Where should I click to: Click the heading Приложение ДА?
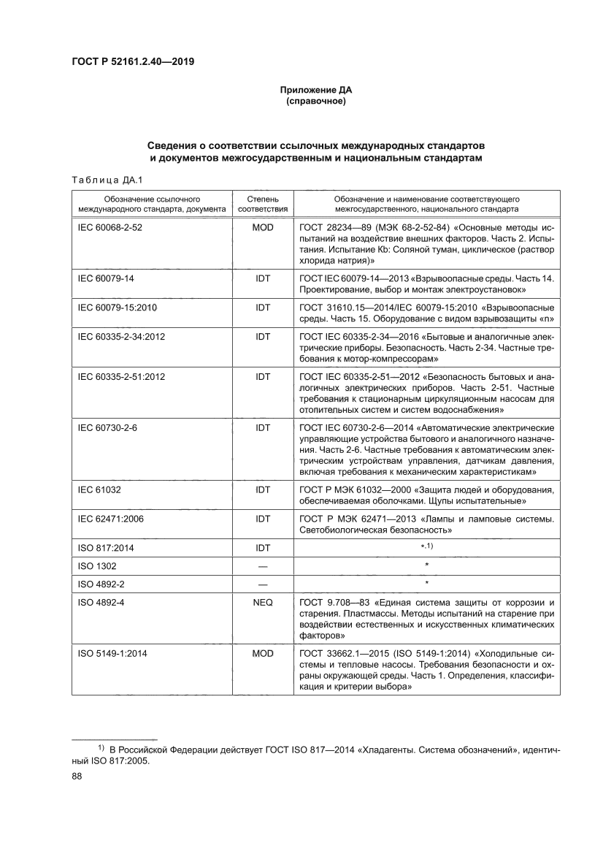[315, 90]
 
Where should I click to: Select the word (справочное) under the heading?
[315, 101]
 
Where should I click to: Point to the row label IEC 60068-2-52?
[110, 227]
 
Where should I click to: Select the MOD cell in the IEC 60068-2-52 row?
[262, 227]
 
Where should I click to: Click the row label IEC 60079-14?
[106, 278]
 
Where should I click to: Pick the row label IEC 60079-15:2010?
[118, 308]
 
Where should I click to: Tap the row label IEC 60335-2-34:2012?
[121, 337]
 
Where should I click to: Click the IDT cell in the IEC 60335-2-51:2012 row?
[262, 376]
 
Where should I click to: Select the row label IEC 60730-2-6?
[107, 427]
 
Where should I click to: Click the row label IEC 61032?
[99, 489]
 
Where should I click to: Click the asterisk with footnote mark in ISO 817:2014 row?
[427, 546]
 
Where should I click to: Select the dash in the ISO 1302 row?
[262, 565]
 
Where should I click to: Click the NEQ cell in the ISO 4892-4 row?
[262, 603]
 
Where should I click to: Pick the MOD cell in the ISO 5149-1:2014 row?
[262, 653]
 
